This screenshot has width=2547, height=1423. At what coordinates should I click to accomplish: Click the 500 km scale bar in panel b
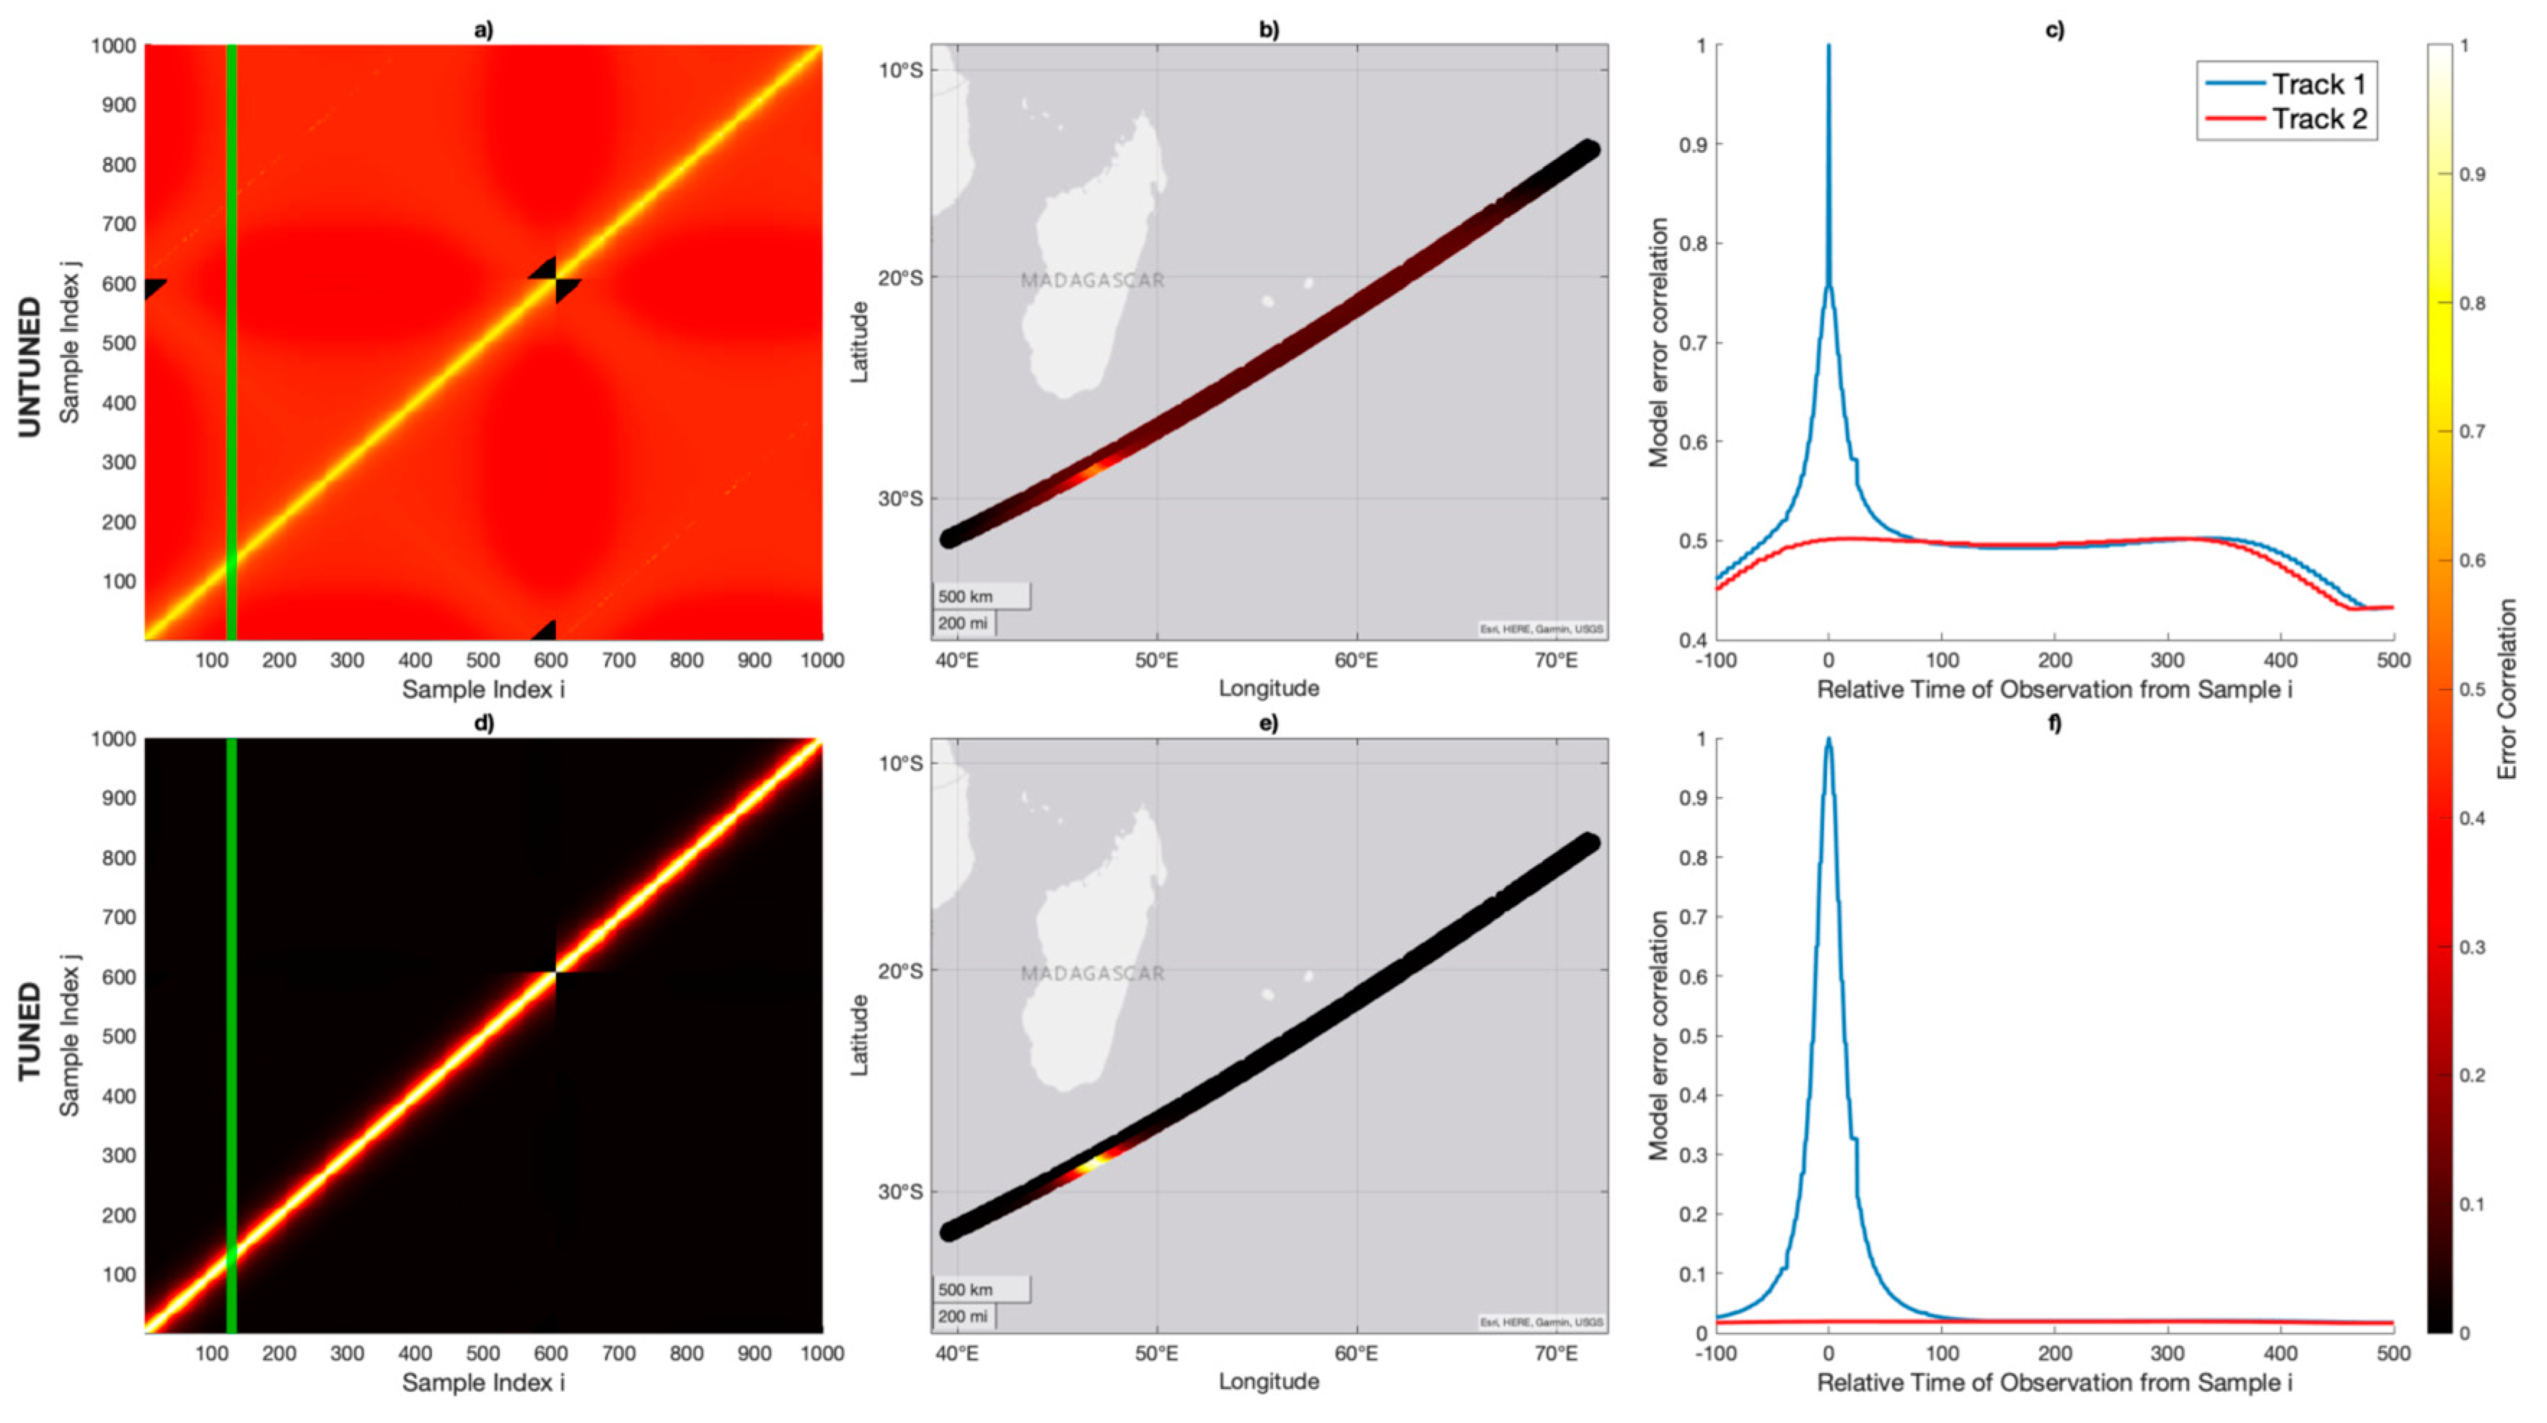(x=980, y=596)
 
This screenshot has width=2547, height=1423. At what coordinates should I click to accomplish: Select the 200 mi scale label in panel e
(x=963, y=1316)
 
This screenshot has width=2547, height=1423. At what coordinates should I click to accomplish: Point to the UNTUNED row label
(x=30, y=366)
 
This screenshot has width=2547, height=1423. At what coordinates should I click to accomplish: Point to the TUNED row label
(x=30, y=1031)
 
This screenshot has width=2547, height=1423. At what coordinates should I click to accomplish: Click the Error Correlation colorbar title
(x=2507, y=690)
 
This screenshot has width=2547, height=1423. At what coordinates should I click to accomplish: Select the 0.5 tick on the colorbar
(x=2472, y=690)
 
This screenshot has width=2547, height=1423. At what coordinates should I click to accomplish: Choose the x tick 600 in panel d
(x=550, y=1353)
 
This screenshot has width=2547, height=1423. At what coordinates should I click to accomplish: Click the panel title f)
(x=2054, y=723)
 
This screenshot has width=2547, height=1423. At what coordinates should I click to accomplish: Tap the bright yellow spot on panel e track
(x=1088, y=1166)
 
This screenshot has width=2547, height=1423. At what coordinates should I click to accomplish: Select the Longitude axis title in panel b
(x=1269, y=688)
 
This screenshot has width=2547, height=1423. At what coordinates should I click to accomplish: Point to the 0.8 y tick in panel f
(x=1694, y=858)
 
